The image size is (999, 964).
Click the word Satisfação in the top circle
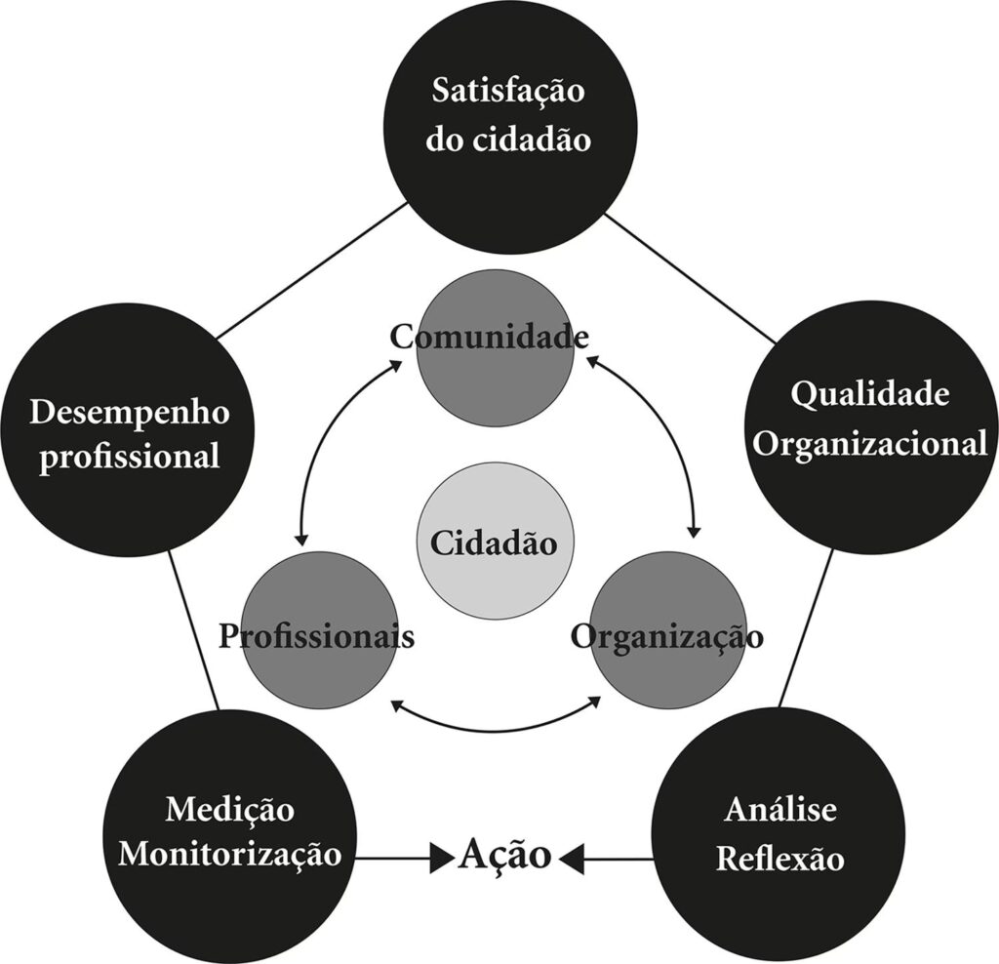coord(508,94)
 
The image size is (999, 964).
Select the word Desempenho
coord(130,412)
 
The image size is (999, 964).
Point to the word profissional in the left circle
coord(129,456)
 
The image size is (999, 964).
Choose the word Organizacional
coord(871,444)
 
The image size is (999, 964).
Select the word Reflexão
coord(780,860)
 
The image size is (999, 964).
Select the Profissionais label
coord(317,636)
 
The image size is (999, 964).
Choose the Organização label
coord(667,636)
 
